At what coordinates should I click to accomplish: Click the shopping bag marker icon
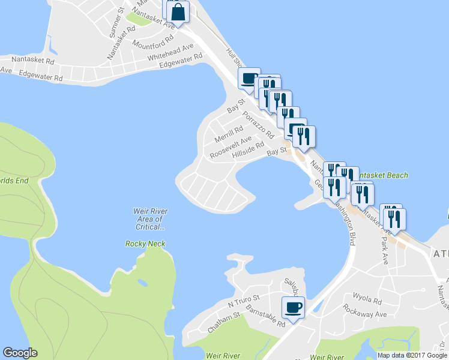pyautogui.click(x=179, y=11)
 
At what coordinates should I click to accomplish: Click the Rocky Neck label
pyautogui.click(x=145, y=244)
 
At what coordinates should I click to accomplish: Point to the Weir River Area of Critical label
pyautogui.click(x=150, y=219)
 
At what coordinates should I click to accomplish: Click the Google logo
pyautogui.click(x=20, y=353)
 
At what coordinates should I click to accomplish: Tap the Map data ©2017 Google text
pyautogui.click(x=412, y=355)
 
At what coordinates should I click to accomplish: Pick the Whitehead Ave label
pyautogui.click(x=172, y=52)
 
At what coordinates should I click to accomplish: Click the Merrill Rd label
pyautogui.click(x=229, y=134)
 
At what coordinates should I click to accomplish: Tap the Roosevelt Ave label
pyautogui.click(x=231, y=148)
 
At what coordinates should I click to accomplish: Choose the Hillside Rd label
pyautogui.click(x=249, y=150)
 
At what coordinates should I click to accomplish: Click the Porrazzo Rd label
pyautogui.click(x=259, y=124)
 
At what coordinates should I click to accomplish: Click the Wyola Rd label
pyautogui.click(x=367, y=300)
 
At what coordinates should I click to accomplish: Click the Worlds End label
pyautogui.click(x=14, y=181)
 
